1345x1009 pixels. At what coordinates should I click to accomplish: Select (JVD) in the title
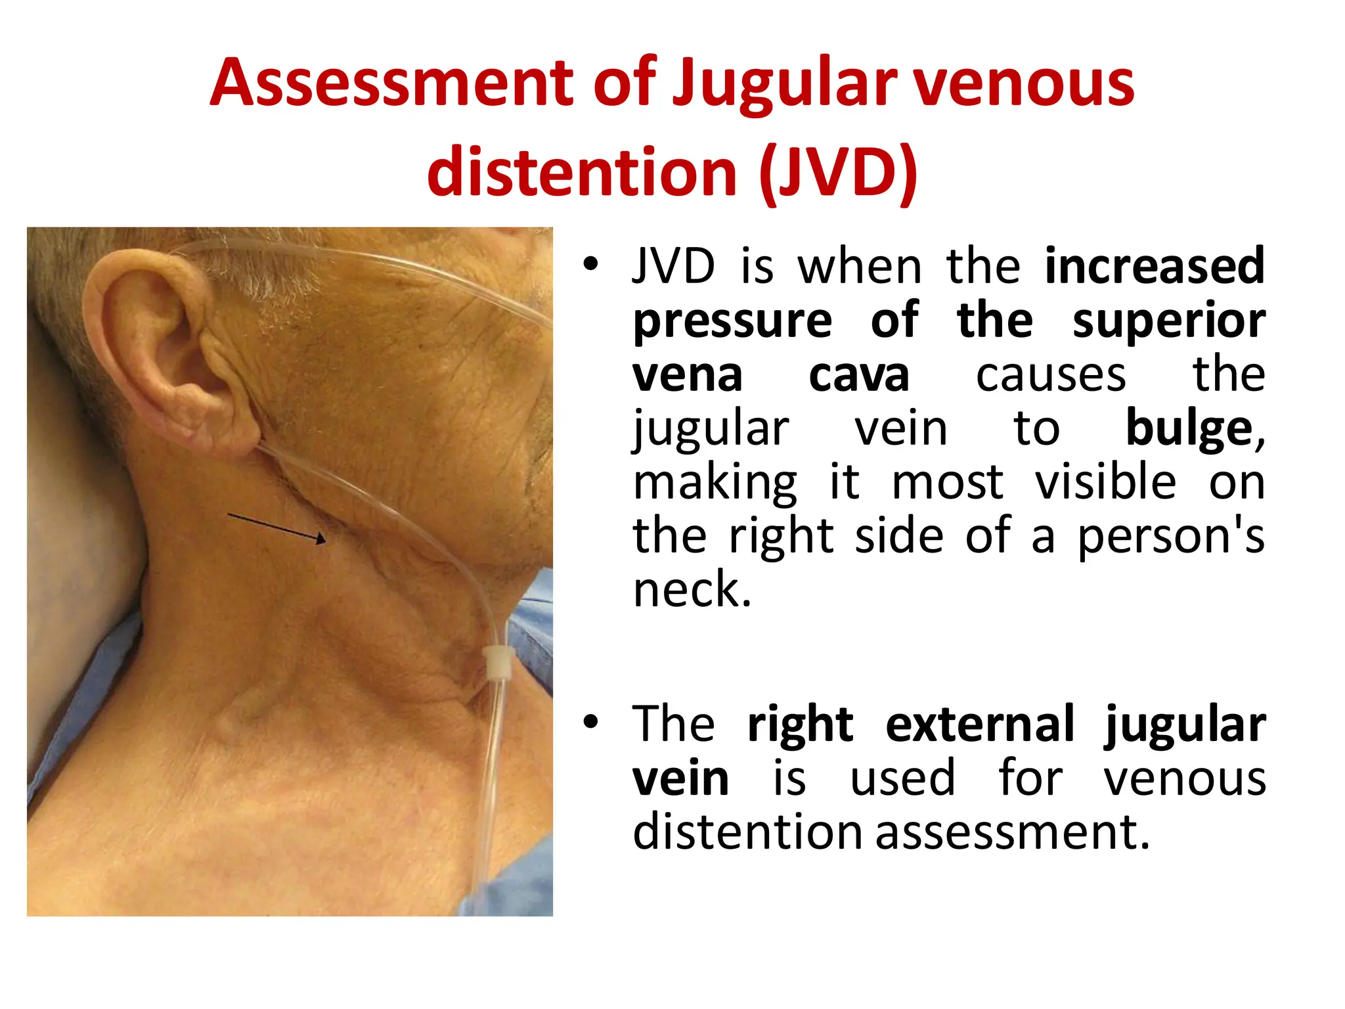point(837,172)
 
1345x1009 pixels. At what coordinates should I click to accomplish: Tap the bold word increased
point(1155,265)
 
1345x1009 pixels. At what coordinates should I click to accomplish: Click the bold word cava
point(858,375)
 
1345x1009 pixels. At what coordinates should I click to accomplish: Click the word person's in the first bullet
point(1171,537)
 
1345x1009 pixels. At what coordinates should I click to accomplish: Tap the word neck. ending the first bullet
point(692,589)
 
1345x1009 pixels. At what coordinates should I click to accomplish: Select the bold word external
point(980,725)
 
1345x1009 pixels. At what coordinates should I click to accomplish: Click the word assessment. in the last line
point(1013,832)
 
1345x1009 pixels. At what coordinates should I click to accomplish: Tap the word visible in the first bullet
point(1105,483)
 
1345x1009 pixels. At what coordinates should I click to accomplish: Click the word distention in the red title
point(582,172)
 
